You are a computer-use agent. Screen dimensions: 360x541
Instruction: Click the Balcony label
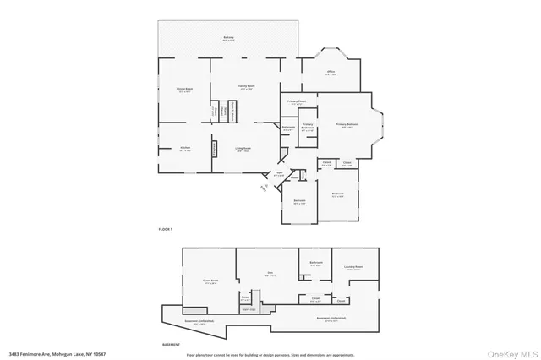(228, 38)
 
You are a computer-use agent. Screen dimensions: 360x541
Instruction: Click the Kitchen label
(184, 149)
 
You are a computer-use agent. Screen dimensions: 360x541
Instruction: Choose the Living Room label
(243, 149)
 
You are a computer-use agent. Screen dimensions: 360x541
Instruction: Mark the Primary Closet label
(296, 102)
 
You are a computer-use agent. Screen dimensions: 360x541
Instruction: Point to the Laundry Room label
(353, 268)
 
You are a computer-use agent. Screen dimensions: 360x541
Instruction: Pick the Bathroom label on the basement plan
(316, 264)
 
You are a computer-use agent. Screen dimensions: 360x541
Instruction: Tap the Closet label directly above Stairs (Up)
(245, 297)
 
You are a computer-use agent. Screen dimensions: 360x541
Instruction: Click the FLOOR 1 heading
(165, 230)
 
